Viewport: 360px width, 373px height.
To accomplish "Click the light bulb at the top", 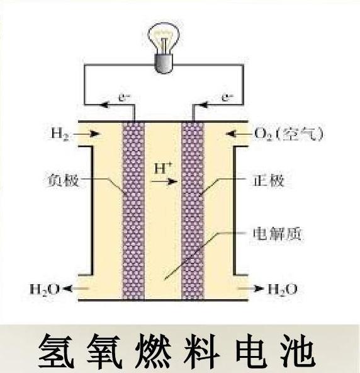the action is pyautogui.click(x=164, y=48).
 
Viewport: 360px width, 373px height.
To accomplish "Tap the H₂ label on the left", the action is pyautogui.click(x=59, y=134).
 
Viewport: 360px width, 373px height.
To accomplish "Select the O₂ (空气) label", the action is pyautogui.click(x=288, y=134).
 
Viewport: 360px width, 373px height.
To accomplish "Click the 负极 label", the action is pyautogui.click(x=63, y=180).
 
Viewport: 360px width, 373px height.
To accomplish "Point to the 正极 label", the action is pyautogui.click(x=268, y=180).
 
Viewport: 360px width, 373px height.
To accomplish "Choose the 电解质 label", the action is pyautogui.click(x=278, y=234).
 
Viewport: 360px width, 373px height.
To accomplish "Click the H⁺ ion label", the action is pyautogui.click(x=163, y=168).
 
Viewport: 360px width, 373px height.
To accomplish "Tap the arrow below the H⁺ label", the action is pyautogui.click(x=164, y=181).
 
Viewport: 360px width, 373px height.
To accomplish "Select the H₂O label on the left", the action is pyautogui.click(x=44, y=289).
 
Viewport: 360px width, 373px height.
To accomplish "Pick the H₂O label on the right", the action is pyautogui.click(x=283, y=289).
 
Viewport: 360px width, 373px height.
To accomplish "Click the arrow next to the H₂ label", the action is pyautogui.click(x=86, y=134).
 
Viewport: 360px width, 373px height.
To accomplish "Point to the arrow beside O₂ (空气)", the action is pyautogui.click(x=239, y=134).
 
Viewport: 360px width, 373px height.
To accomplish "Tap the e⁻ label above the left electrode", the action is pyautogui.click(x=124, y=98).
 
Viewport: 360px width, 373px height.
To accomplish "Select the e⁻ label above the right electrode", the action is pyautogui.click(x=228, y=98).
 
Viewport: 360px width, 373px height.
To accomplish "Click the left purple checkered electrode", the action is pyautogui.click(x=133, y=211).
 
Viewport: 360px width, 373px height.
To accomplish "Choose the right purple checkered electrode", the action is pyautogui.click(x=193, y=211).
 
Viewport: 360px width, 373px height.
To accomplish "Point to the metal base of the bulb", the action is pyautogui.click(x=164, y=64).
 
